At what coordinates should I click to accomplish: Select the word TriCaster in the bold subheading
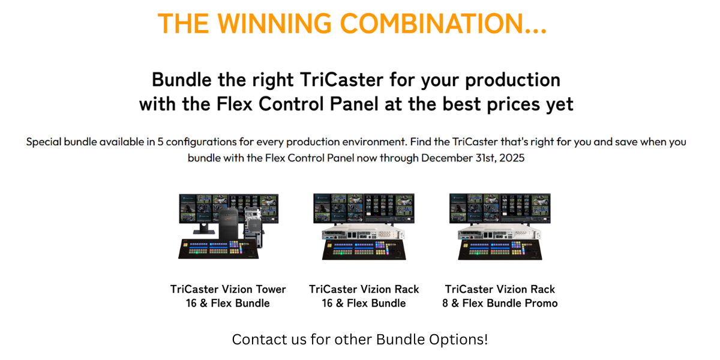tap(341, 79)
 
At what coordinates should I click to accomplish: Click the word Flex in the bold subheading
tap(235, 104)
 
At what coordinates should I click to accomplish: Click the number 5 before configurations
tap(160, 142)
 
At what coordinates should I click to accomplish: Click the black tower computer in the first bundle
tap(229, 223)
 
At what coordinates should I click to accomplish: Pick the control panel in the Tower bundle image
tap(218, 249)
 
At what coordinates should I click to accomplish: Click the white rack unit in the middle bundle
tap(364, 232)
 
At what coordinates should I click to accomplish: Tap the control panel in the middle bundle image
tap(364, 250)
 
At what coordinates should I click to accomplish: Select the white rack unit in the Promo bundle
tap(499, 232)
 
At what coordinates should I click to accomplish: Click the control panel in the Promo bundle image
tap(500, 250)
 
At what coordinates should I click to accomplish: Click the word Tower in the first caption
tap(271, 289)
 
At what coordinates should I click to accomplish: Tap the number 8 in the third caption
tap(445, 303)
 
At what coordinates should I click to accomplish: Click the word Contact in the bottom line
tap(253, 339)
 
